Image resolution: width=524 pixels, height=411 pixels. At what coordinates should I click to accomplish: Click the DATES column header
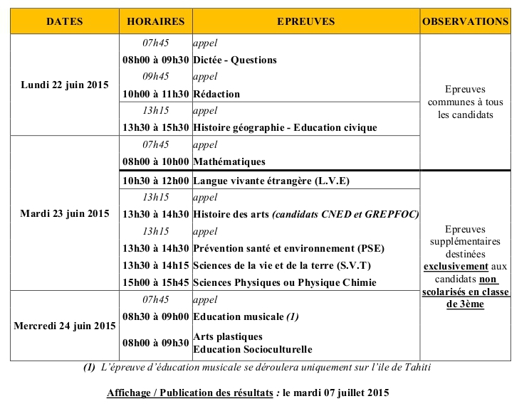point(65,21)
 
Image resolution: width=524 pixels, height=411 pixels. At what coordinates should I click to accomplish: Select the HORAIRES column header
point(155,21)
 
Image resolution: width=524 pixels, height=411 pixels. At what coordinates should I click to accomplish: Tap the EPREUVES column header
point(305,21)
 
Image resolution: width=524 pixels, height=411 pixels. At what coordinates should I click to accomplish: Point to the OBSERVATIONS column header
point(466,21)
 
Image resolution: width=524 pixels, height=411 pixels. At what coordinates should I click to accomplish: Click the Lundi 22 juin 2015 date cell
point(65,85)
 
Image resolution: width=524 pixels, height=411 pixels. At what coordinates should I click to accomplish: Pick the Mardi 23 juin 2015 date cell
point(65,213)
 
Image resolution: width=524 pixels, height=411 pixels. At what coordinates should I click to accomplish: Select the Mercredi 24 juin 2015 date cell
point(65,326)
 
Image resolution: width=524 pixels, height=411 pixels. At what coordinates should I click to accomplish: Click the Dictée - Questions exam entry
point(235,60)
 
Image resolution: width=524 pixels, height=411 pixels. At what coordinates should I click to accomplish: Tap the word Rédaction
point(216,94)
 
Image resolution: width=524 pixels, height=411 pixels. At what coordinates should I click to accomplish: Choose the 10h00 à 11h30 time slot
point(155,94)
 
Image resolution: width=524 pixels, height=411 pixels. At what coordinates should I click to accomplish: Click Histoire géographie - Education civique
point(285,128)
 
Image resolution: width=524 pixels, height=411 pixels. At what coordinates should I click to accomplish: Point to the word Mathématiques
point(229,162)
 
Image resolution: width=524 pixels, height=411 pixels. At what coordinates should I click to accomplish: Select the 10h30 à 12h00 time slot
point(155,181)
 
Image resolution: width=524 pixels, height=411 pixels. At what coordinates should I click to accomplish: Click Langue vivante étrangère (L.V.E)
point(271,181)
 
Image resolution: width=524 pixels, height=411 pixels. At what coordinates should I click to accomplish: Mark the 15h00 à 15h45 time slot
point(155,282)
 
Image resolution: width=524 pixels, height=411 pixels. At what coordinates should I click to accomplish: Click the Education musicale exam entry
point(239,316)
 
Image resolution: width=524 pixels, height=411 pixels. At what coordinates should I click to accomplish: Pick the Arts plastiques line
point(228,336)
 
